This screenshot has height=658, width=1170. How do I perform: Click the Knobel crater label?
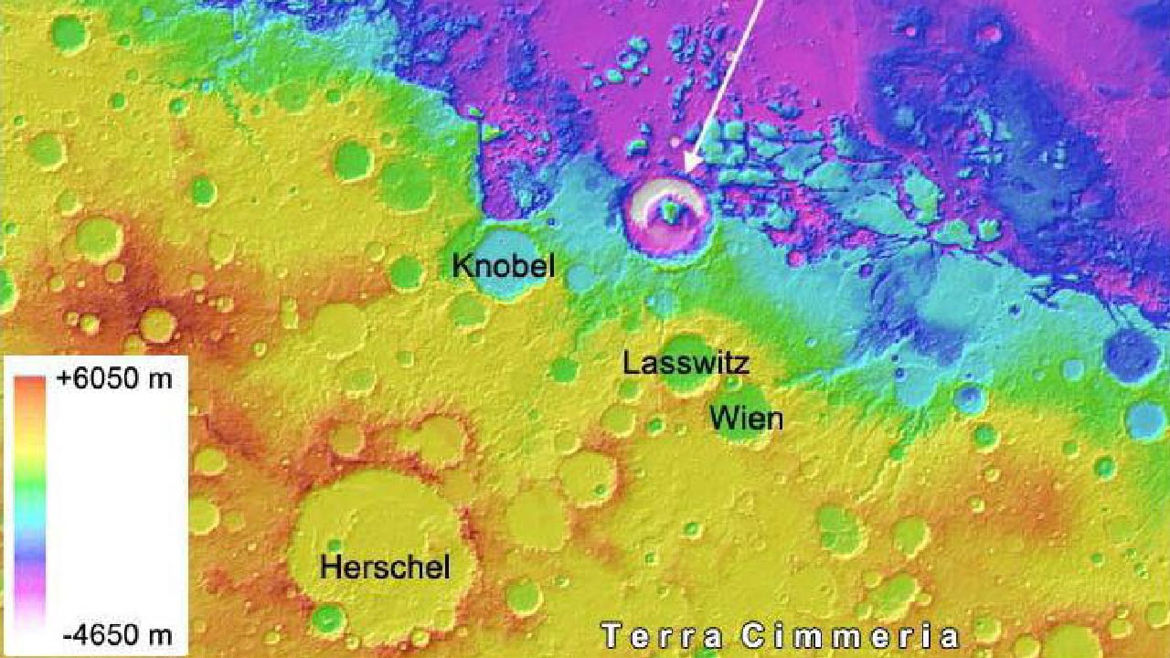point(503,267)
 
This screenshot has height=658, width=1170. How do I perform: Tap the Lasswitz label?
point(686,363)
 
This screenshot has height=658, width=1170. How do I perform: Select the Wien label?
point(746,419)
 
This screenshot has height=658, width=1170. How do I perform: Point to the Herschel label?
point(385,568)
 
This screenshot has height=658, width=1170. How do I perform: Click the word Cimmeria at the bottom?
point(850,636)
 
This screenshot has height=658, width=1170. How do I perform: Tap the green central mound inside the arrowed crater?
point(672,213)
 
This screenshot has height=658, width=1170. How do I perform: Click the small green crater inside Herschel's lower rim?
point(327,619)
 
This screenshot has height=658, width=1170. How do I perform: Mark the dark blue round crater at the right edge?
point(1132,355)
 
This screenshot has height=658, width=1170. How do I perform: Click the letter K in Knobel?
point(461,267)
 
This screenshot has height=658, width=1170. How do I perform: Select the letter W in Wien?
point(722,419)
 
